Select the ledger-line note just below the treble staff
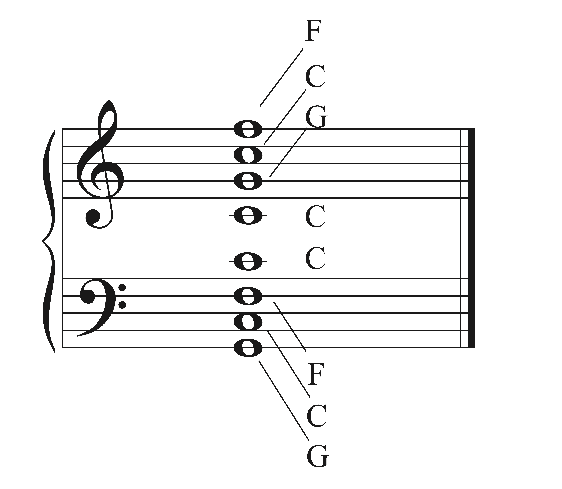(x=248, y=215)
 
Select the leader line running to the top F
(x=281, y=77)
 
